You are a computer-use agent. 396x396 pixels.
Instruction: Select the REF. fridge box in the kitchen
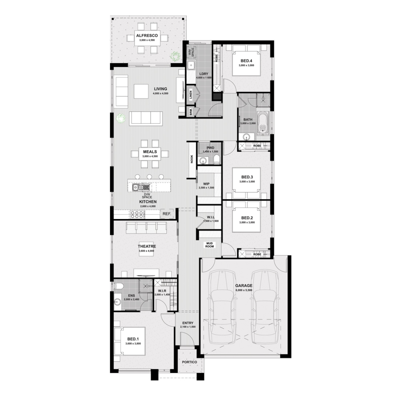(x=167, y=214)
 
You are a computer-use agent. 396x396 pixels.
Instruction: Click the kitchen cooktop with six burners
(x=137, y=214)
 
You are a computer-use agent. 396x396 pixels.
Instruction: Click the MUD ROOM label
(x=209, y=244)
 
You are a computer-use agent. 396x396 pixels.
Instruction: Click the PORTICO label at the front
(x=189, y=362)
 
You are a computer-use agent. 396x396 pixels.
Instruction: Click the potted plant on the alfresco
(x=175, y=55)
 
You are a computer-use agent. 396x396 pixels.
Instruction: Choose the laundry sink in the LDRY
(x=191, y=65)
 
